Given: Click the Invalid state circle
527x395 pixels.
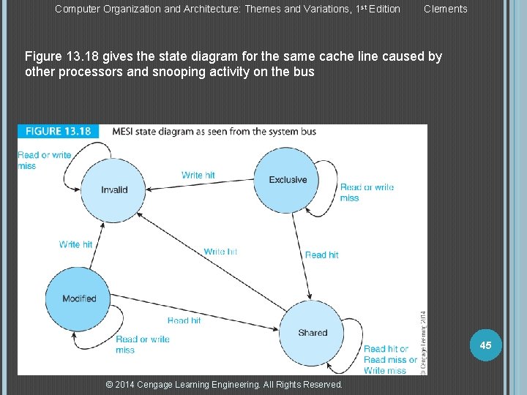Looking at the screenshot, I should coord(114,189).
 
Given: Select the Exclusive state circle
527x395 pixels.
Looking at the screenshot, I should coord(288,179).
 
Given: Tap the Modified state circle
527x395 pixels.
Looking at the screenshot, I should coord(79,298).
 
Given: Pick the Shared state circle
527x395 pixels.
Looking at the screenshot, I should coord(313,333).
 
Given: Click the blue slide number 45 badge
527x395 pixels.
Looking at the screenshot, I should coord(485,345).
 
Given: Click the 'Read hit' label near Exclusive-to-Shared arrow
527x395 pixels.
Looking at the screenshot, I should coord(321,255).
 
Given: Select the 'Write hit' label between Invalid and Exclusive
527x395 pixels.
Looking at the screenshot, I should coord(198,175).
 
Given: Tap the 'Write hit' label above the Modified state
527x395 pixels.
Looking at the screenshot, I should coord(75,244).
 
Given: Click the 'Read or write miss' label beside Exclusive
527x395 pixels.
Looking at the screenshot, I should coord(367,192).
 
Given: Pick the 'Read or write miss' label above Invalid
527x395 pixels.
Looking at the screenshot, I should coord(44,160).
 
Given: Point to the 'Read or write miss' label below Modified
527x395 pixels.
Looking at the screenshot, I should coord(142,345).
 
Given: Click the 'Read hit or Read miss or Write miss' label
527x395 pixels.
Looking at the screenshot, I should coord(389,360).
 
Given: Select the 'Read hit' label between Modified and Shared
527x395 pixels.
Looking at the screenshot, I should coord(184,320).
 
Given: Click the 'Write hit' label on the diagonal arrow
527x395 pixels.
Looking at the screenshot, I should coord(220,252).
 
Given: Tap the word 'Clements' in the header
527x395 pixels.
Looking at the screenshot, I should coord(445,9).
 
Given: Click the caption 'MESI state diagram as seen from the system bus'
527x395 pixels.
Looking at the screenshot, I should coord(214,132).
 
